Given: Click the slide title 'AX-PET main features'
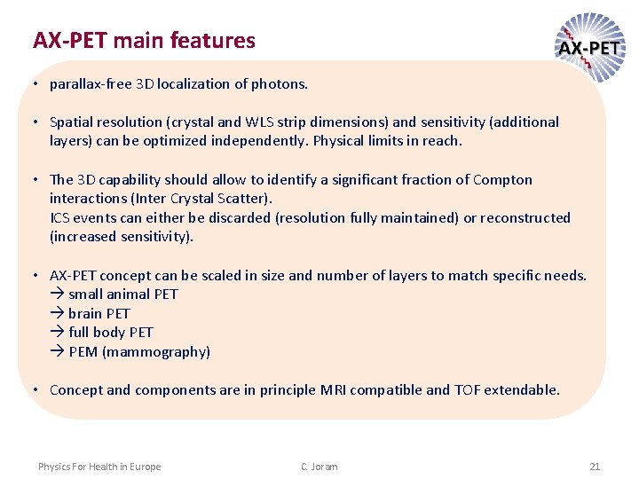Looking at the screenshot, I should coord(144,41).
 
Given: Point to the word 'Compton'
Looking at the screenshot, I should coord(502,179).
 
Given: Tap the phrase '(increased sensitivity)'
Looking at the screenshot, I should coord(122,237).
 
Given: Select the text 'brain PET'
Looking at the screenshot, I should coord(99,313).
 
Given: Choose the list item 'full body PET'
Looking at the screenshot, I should coord(110,333).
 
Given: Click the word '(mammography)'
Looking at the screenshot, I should coord(156,352).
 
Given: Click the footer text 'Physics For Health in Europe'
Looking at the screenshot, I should coord(99,467).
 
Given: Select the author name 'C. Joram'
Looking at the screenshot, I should coord(319,467).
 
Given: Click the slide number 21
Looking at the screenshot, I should coord(595,467).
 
